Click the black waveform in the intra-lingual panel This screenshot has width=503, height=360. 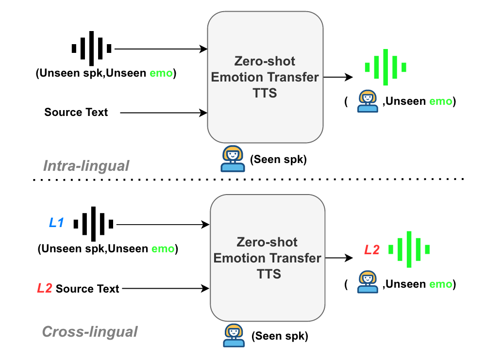[91, 49]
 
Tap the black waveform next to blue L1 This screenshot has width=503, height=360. [93, 224]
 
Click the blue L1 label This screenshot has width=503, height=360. [56, 223]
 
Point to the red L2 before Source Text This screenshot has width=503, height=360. [45, 289]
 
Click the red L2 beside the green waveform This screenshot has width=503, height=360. [372, 250]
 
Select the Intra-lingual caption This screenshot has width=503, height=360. [86, 166]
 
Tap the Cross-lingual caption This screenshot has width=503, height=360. [90, 332]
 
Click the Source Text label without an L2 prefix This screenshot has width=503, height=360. [76, 113]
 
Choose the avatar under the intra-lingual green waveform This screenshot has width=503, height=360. [368, 101]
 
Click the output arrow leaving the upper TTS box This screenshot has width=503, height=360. [338, 77]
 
